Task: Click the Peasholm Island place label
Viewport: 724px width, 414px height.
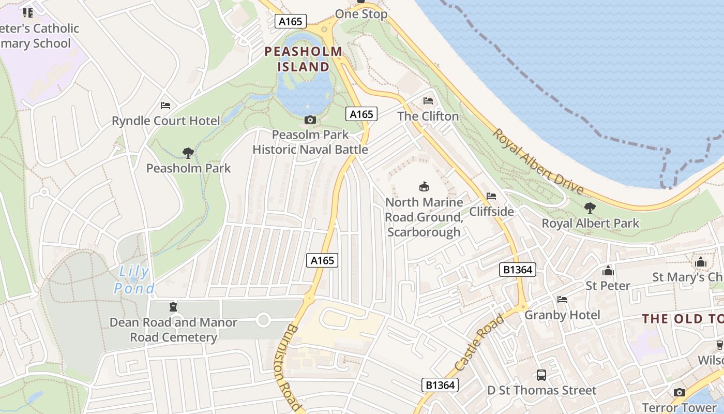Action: (303, 59)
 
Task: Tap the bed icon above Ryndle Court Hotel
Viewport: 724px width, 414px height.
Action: (165, 106)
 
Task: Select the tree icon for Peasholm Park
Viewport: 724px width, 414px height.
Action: (188, 153)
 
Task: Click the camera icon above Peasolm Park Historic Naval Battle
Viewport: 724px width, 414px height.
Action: (310, 120)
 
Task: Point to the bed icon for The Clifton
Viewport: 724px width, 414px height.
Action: (428, 101)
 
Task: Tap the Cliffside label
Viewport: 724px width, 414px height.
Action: (491, 211)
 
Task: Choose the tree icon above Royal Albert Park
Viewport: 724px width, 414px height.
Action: (590, 208)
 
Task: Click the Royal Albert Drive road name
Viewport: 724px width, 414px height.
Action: (537, 161)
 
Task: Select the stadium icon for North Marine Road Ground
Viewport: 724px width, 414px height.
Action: (424, 186)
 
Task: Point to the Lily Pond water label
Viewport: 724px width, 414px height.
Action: (134, 279)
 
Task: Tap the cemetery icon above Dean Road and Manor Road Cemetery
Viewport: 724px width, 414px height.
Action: (173, 307)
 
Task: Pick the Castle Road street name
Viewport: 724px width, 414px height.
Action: (479, 343)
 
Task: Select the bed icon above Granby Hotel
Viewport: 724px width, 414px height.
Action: (562, 300)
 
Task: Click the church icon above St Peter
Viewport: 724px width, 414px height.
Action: (608, 271)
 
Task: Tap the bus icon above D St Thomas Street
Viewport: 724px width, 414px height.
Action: (541, 375)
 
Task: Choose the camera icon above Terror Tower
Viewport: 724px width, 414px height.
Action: (680, 393)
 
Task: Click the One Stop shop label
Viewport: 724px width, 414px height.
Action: (361, 14)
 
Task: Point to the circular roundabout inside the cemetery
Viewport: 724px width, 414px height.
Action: (263, 320)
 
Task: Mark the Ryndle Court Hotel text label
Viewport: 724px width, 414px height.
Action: (166, 121)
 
